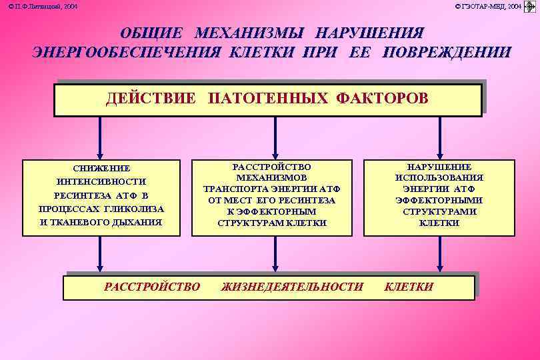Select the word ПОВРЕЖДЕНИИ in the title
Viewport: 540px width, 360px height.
click(x=447, y=52)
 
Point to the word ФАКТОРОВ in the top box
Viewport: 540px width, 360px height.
click(x=382, y=99)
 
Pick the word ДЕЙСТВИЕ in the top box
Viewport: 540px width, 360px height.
click(x=151, y=99)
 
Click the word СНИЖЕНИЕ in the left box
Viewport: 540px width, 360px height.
click(x=101, y=168)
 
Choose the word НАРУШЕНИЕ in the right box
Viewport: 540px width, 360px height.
click(x=439, y=167)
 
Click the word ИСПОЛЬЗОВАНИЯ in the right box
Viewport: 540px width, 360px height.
click(x=439, y=178)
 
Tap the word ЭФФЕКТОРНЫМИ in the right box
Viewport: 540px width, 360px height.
click(x=439, y=200)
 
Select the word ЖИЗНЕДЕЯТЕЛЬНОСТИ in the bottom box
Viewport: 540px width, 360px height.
click(x=292, y=287)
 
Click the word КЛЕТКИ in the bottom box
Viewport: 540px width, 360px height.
click(x=409, y=287)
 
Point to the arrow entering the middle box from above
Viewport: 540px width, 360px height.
click(x=273, y=139)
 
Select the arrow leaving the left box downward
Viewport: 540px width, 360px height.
click(x=101, y=254)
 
